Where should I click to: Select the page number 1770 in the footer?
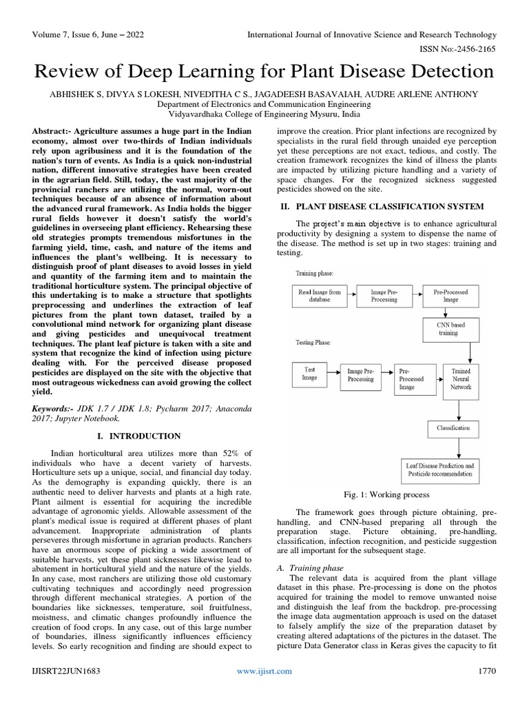tap(486, 671)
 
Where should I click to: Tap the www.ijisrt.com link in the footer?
tap(264, 671)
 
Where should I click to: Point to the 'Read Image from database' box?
tap(320, 296)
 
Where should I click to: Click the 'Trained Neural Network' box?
tap(461, 379)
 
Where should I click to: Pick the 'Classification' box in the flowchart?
tap(453, 427)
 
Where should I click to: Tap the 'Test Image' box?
tap(310, 374)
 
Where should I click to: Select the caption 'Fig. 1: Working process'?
tap(386, 494)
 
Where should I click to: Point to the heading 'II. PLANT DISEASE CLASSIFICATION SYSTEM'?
tap(381, 206)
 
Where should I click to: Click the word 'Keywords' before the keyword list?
tap(54, 408)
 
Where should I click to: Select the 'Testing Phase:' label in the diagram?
tap(313, 342)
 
